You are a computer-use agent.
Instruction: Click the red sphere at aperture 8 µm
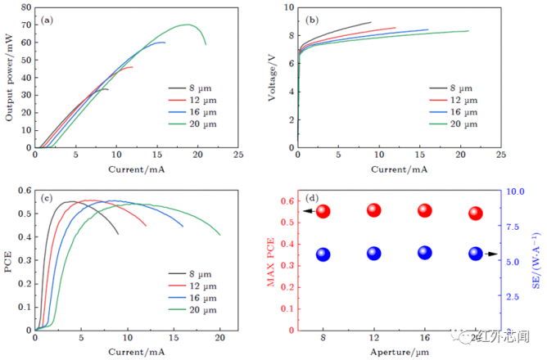point(323,211)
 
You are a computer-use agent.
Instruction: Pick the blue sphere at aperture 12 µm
point(373,254)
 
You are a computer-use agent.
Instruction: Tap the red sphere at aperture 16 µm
point(424,210)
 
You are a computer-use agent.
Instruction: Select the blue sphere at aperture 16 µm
point(424,253)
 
